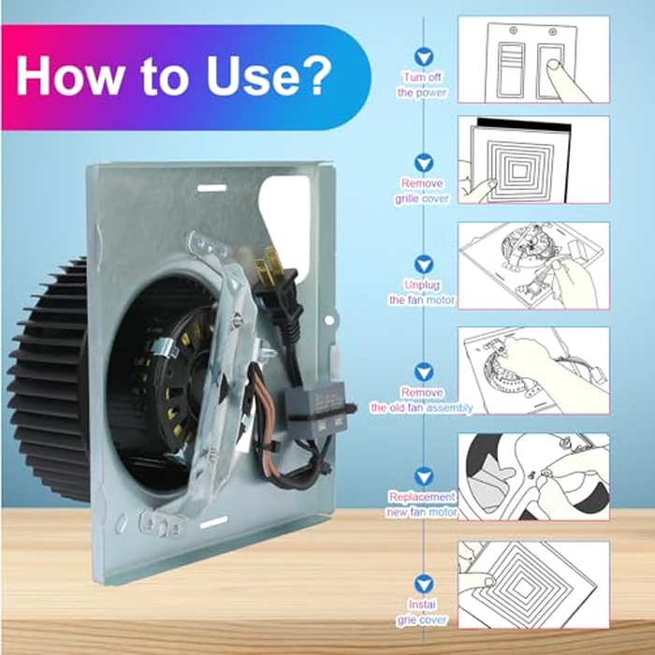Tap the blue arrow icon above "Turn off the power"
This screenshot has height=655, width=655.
(424, 56)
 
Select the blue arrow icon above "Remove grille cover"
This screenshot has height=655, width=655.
(424, 163)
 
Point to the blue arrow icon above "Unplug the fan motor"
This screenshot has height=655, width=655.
(424, 265)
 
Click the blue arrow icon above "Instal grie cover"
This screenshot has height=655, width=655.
(424, 584)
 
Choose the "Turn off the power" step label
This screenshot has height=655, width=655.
(422, 85)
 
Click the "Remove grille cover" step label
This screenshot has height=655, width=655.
(422, 191)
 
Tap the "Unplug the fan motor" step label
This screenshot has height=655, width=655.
(422, 292)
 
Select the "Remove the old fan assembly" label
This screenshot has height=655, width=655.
(422, 400)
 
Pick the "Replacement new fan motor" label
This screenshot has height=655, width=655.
(422, 504)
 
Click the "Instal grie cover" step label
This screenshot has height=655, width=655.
(422, 612)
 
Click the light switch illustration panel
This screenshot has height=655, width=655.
(533, 59)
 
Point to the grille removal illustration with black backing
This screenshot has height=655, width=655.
(533, 160)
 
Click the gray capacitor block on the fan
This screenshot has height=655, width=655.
(315, 412)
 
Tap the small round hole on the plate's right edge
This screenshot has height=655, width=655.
(329, 320)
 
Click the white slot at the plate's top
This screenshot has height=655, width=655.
(211, 188)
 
